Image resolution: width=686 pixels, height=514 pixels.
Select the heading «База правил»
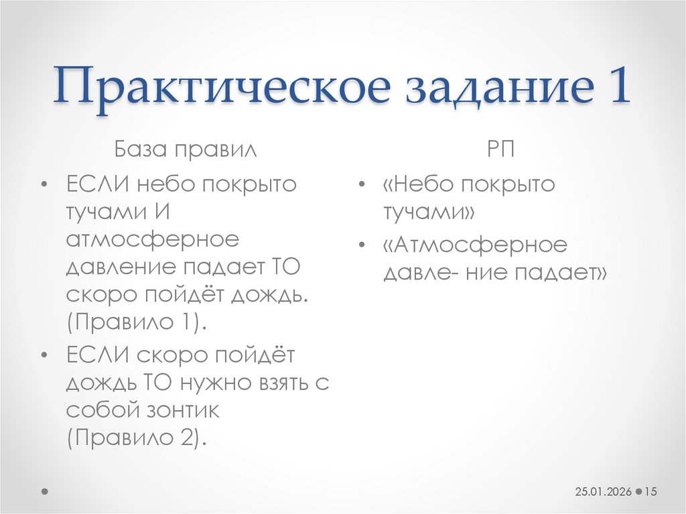[x=184, y=148]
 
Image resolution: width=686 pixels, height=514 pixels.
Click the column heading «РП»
[x=501, y=148]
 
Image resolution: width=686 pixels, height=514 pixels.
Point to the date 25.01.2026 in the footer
[x=603, y=492]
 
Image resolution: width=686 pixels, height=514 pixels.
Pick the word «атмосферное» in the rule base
[x=153, y=239]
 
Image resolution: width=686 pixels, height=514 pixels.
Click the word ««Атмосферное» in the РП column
[x=475, y=245]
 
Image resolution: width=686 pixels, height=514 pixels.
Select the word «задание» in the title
[x=496, y=86]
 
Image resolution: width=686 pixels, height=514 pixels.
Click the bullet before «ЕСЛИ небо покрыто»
[x=44, y=185]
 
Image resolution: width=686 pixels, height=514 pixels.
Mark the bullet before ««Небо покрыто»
[x=362, y=185]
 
